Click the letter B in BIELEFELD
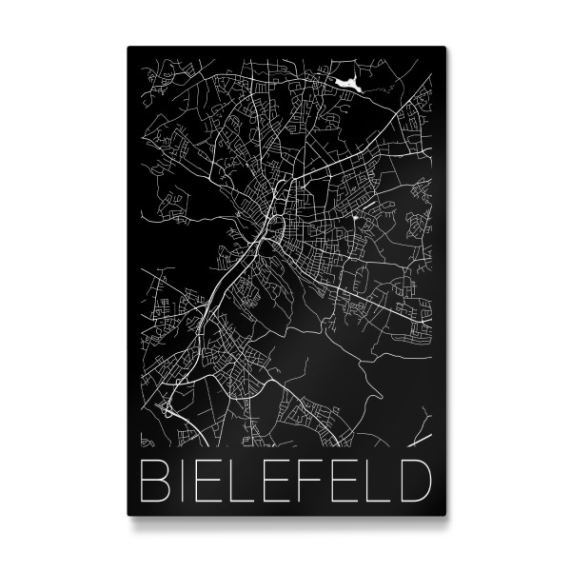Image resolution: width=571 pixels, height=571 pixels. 154,482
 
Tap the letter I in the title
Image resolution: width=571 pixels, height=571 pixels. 185,482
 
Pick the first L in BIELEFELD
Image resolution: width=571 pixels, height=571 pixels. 248,482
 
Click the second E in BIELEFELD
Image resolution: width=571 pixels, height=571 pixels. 283,482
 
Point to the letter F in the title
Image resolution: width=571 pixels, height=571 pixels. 318,482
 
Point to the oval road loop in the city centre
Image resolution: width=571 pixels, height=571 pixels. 275,228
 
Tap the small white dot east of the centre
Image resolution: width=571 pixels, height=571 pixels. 356,218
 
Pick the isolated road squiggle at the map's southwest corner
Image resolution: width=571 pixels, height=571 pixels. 146,441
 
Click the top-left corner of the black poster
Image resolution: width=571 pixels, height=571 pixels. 128,43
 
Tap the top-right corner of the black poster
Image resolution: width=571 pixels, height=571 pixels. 443,43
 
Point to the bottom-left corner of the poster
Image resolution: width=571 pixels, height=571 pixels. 128,515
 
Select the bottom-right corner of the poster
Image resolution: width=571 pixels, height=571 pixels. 443,515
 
